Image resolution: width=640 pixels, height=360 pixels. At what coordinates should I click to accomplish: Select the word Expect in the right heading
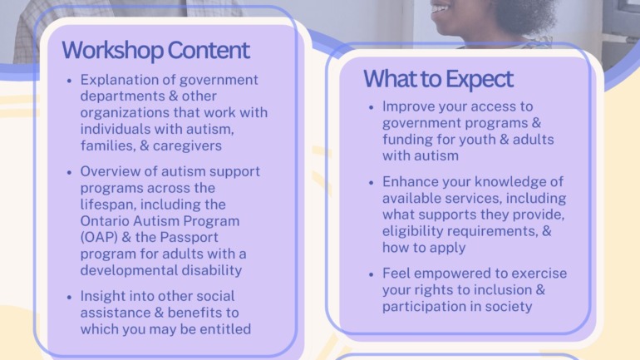pyautogui.click(x=480, y=79)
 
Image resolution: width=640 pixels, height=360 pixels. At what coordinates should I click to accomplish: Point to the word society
pyautogui.click(x=508, y=307)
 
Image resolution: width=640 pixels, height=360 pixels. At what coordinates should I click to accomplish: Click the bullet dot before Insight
pyautogui.click(x=69, y=297)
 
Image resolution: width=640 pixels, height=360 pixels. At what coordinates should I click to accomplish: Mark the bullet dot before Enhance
pyautogui.click(x=371, y=183)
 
